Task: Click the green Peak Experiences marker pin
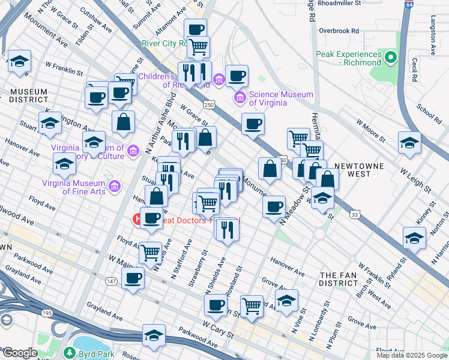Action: click(391, 58)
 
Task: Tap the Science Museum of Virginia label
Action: click(281, 98)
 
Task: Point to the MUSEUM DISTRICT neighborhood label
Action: click(28, 96)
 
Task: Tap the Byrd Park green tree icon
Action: click(70, 353)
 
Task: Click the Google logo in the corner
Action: click(19, 353)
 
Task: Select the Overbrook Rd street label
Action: click(339, 30)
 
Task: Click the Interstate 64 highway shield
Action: click(409, 4)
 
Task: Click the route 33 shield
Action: click(355, 214)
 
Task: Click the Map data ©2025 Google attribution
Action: click(411, 355)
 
